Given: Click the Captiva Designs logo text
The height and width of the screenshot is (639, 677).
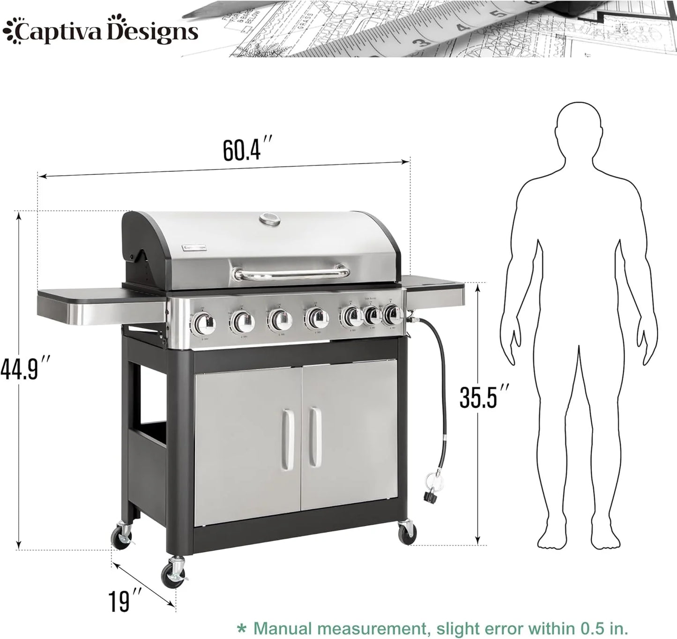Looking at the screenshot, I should (x=100, y=32).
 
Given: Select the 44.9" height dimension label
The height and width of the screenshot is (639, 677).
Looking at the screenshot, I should (x=25, y=367).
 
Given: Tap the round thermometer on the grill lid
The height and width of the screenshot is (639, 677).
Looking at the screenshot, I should (x=269, y=219).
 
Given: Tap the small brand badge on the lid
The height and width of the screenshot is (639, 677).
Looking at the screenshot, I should (x=196, y=246).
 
